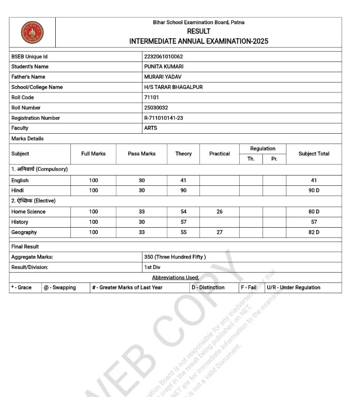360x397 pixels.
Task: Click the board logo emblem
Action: click(x=32, y=32)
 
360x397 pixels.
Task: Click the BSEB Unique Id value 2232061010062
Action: click(x=163, y=56)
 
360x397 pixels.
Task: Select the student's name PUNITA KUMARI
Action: click(x=164, y=67)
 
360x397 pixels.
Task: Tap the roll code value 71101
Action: click(x=151, y=98)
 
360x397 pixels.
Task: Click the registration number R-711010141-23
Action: click(x=163, y=118)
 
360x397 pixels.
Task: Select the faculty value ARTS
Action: click(x=151, y=128)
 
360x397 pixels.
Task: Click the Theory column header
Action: click(x=183, y=154)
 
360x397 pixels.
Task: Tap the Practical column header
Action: click(x=220, y=154)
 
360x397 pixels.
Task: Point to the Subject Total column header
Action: click(x=314, y=154)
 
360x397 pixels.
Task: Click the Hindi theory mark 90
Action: click(x=183, y=190)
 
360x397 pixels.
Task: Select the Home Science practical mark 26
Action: click(x=220, y=212)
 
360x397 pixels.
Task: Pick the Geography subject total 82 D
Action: click(x=314, y=232)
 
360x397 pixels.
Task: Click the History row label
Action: click(x=20, y=222)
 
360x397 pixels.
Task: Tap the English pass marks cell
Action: click(x=142, y=181)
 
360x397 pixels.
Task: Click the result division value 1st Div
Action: click(x=152, y=267)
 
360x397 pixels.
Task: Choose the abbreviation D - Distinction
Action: click(x=208, y=288)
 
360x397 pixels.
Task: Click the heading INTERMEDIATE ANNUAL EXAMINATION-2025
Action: click(x=199, y=41)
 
